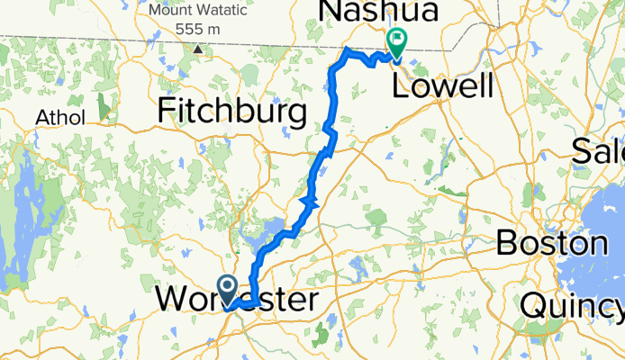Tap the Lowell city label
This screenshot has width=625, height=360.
(x=442, y=86)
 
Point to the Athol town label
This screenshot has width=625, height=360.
(x=59, y=118)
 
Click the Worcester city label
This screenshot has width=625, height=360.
(x=236, y=299)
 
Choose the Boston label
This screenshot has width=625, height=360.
(x=551, y=243)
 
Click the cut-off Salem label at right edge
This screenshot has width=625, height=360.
(x=599, y=150)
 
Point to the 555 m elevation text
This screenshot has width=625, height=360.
(x=199, y=29)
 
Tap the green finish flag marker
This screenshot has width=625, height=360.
(x=395, y=40)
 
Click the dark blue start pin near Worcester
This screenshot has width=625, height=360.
(x=228, y=288)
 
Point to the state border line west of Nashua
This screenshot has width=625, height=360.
(x=180, y=40)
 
